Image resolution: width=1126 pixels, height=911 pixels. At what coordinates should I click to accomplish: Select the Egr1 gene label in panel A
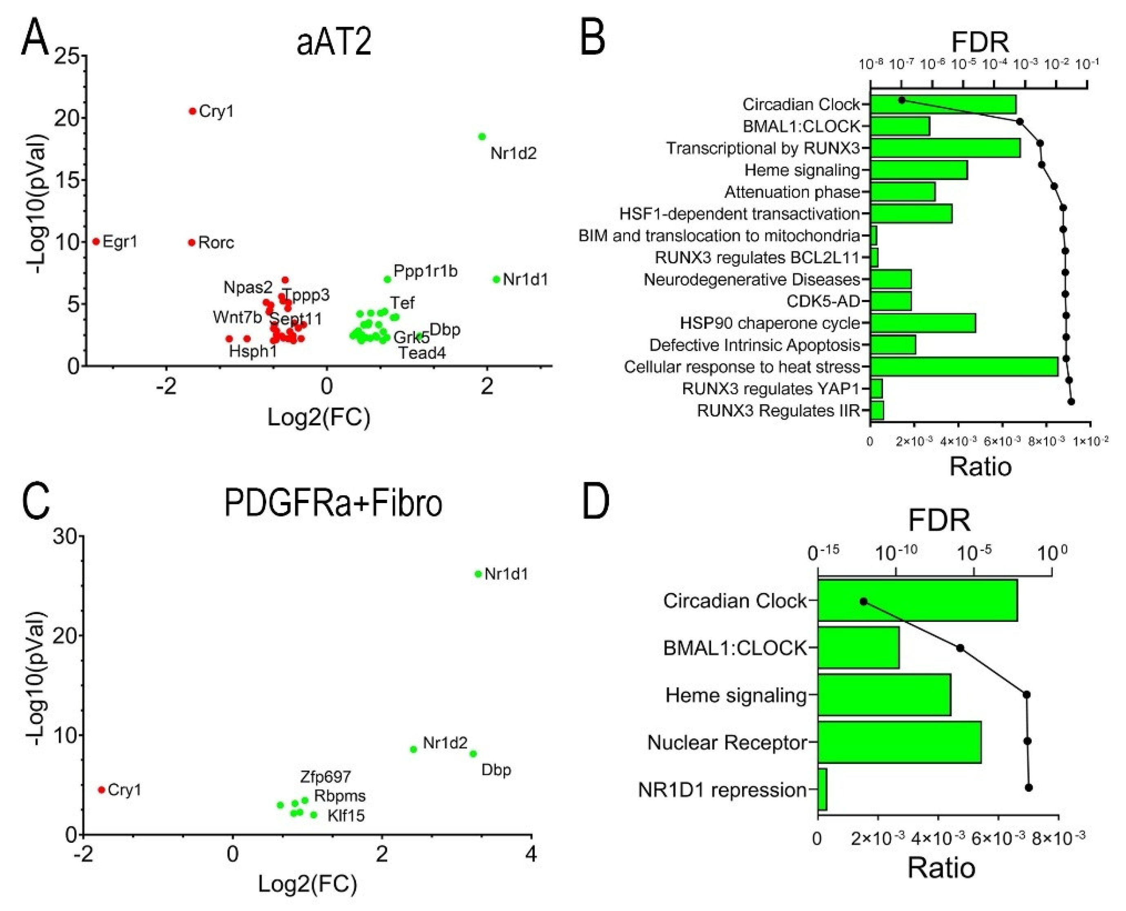point(120,242)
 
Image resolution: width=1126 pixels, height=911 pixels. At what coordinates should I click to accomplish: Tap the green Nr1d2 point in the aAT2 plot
point(482,137)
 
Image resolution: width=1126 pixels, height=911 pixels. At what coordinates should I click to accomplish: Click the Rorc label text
point(216,243)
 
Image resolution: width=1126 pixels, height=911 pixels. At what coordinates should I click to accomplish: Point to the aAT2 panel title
point(334,42)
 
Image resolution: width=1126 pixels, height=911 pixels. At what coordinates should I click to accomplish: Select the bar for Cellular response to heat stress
point(964,367)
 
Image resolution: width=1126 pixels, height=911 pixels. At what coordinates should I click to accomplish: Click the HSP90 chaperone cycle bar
point(923,323)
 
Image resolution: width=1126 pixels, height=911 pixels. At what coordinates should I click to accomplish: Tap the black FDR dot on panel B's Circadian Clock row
point(902,100)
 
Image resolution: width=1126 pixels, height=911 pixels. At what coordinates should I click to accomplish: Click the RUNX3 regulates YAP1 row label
point(771,389)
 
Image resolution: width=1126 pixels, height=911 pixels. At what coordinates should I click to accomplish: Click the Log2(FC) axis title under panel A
point(319,418)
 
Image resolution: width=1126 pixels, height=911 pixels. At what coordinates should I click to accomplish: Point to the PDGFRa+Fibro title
point(333,503)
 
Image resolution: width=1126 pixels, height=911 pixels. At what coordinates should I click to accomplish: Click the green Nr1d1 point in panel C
point(478,574)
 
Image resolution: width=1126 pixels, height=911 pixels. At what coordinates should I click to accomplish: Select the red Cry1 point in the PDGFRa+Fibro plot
point(102,790)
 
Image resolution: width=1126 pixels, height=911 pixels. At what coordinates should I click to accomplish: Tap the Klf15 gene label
point(346,815)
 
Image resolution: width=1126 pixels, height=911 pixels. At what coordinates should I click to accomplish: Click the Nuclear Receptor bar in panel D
point(899,742)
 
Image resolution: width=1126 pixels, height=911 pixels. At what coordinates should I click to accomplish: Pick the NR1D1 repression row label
point(722,790)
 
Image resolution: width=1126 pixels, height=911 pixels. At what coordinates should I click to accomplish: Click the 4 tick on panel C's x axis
point(531,855)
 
